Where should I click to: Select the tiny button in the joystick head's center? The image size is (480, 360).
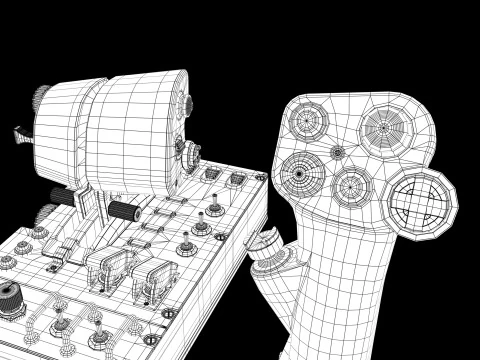click(337, 152)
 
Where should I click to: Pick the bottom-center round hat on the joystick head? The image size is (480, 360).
click(351, 185)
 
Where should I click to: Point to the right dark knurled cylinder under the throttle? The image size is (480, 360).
click(123, 211)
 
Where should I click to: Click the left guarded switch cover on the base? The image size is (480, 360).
click(108, 268)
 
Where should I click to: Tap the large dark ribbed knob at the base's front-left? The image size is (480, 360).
click(10, 299)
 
